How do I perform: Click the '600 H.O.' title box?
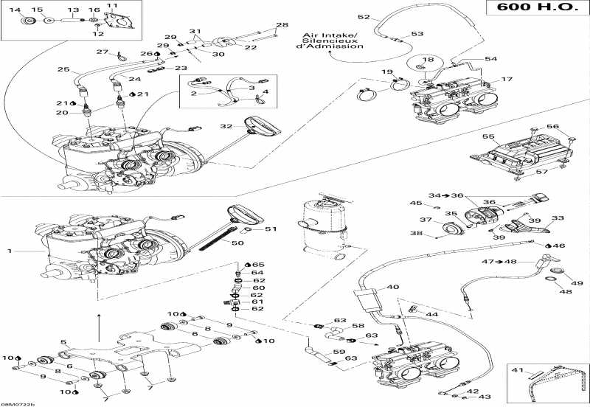pos(538,7)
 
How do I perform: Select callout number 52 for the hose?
pos(364,17)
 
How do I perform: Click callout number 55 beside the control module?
pos(488,136)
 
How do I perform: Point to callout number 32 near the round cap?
pos(226,126)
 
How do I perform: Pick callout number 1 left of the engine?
pos(10,251)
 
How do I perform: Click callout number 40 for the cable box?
pos(393,287)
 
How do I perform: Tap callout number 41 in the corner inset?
pos(518,370)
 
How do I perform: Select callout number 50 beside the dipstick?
pos(237,243)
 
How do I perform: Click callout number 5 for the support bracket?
pos(63,342)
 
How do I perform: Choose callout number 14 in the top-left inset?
pos(15,10)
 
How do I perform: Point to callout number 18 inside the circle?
pos(428,60)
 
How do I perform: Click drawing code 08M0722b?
pos(18,404)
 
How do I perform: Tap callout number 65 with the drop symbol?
pos(259,265)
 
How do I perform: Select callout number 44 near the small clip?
pos(432,313)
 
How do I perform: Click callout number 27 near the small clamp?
pos(102,52)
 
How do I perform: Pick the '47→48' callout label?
pos(500,262)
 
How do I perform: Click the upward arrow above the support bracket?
pos(99,327)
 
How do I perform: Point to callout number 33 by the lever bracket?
pos(558,218)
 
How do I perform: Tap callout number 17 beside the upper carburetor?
pos(507,79)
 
